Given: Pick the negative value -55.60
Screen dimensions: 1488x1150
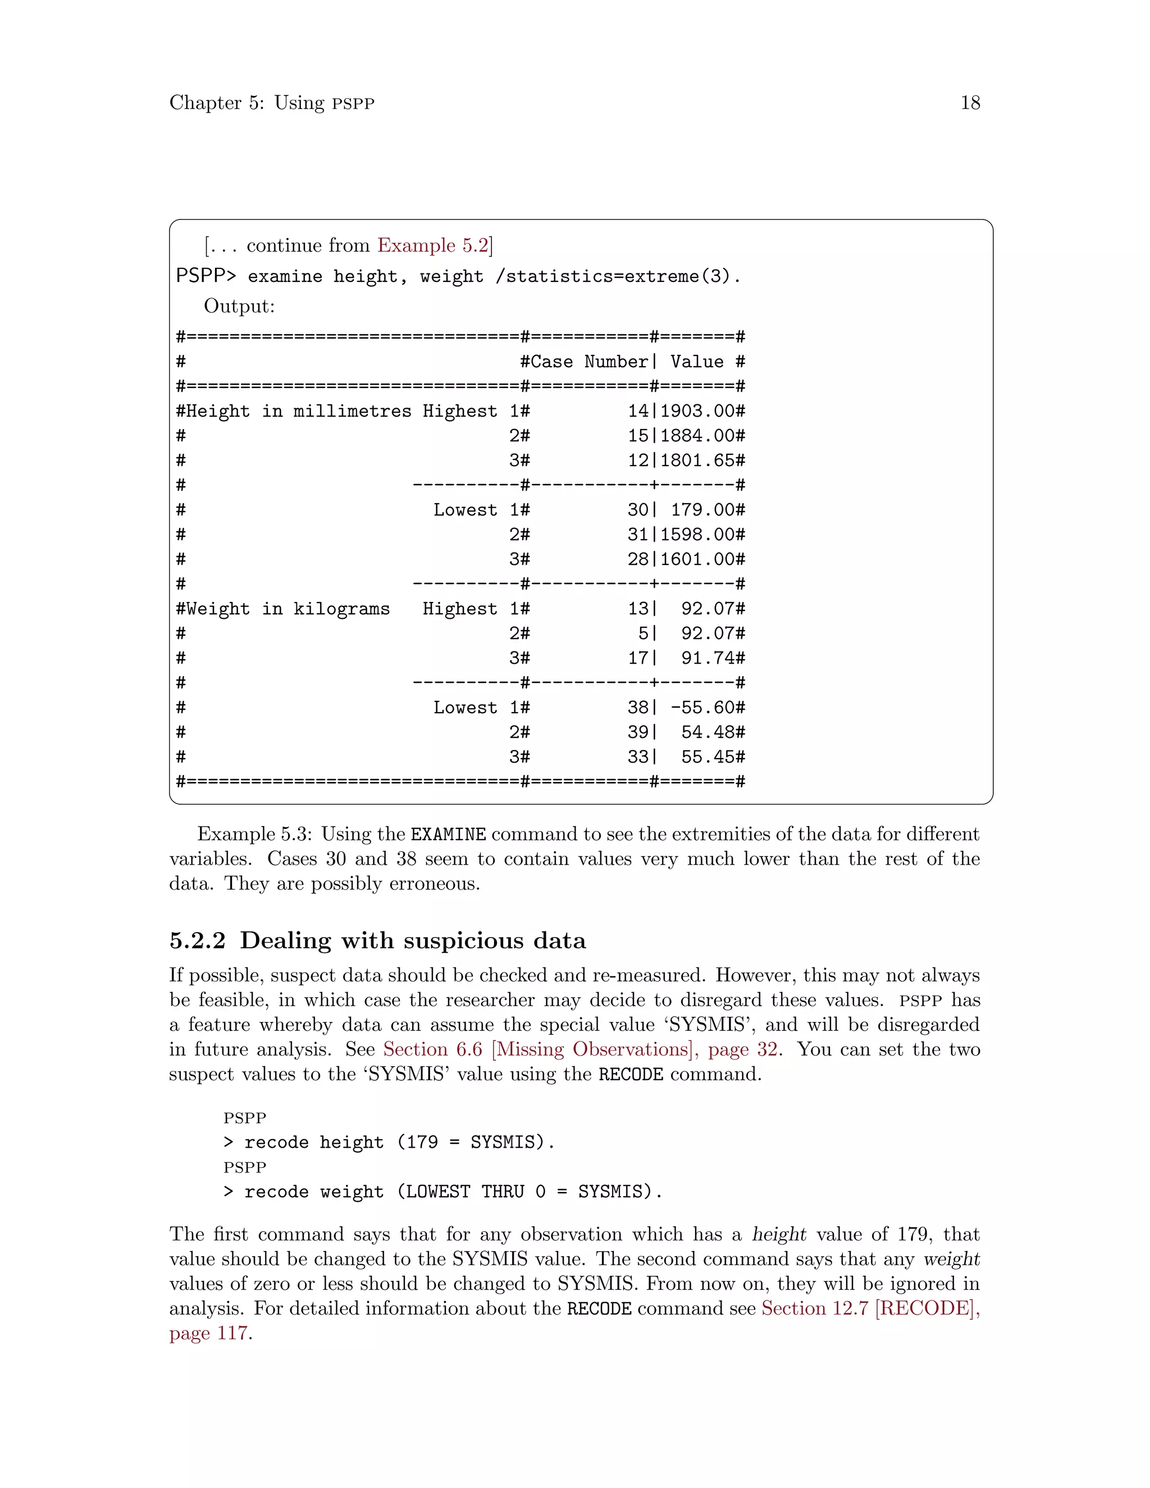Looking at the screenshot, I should click(702, 707).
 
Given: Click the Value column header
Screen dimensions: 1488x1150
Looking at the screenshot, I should click(696, 362).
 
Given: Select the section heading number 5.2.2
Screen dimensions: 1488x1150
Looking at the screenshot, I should click(197, 941).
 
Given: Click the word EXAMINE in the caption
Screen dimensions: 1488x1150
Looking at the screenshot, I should click(448, 834).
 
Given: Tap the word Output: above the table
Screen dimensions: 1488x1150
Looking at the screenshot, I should click(239, 306).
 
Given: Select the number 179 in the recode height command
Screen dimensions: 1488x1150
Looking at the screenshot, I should click(422, 1143).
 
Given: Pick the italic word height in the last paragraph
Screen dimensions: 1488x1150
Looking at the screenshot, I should click(779, 1235).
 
